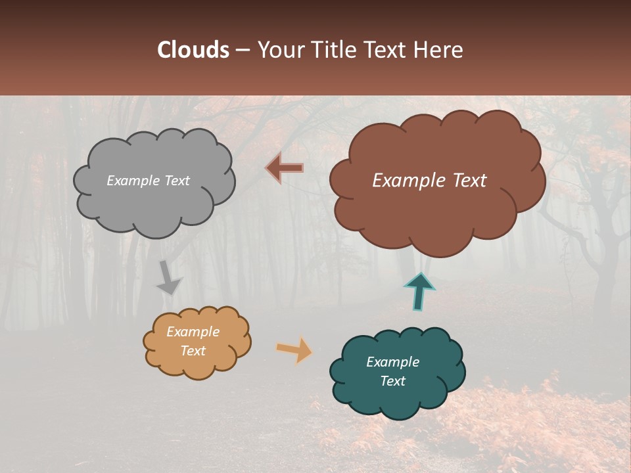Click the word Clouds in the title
pyautogui.click(x=193, y=50)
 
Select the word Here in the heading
pyautogui.click(x=440, y=50)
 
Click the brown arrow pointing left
pyautogui.click(x=285, y=168)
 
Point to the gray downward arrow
pyautogui.click(x=169, y=279)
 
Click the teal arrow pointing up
pyautogui.click(x=419, y=292)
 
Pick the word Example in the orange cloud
pyautogui.click(x=193, y=332)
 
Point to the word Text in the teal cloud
pyautogui.click(x=392, y=381)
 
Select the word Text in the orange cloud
pyautogui.click(x=193, y=351)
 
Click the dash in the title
pyautogui.click(x=243, y=50)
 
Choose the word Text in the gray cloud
pyautogui.click(x=176, y=181)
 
